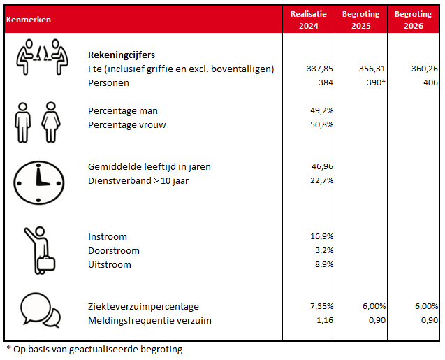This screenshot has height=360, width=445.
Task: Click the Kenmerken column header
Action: point(28,20)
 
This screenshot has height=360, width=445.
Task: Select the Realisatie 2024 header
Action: point(308,20)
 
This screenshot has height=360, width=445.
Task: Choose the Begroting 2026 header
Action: point(412,20)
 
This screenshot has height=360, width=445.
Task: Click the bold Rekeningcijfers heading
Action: point(122,55)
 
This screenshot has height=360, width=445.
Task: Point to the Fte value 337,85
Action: point(320,69)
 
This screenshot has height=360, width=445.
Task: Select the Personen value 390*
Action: point(374,82)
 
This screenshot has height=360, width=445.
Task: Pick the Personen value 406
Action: point(429,82)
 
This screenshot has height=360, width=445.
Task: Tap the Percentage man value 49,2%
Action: point(322,110)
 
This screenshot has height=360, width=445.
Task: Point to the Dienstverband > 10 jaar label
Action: point(138,180)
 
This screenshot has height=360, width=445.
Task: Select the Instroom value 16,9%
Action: point(322,236)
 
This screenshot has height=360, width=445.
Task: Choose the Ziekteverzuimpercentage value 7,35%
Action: point(321,306)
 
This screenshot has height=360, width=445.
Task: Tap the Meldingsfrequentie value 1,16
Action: point(324,320)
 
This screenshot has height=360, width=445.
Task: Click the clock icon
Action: point(39,179)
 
